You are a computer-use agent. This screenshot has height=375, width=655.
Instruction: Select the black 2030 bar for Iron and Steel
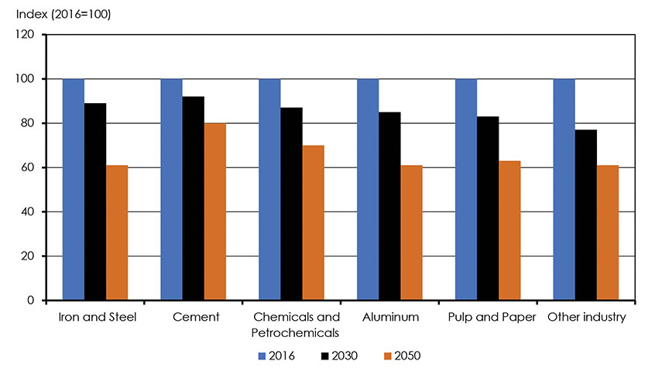(95, 201)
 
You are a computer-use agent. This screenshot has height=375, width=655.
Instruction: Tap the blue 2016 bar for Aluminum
(368, 190)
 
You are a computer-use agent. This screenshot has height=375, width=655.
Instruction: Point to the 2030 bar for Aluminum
(389, 206)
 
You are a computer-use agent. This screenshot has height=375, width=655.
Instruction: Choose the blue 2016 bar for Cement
(171, 190)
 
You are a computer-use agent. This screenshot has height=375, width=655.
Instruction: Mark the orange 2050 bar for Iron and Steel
(117, 232)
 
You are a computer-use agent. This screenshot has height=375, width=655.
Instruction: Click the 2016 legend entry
(275, 356)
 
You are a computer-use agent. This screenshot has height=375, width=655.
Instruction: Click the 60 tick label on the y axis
(30, 167)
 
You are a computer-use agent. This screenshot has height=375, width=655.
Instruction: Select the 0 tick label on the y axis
(33, 301)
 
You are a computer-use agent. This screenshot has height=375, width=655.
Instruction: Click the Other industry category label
(585, 318)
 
